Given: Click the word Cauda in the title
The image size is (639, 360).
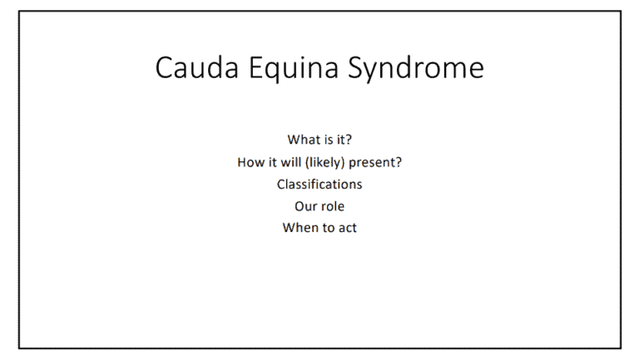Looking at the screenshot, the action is coord(197,67).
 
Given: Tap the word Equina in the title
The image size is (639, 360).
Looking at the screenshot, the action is coord(294,69).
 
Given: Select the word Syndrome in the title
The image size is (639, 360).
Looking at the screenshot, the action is coord(416,69).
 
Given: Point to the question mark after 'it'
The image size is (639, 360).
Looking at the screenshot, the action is coord(349,140).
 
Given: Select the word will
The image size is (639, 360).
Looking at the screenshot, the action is coord(290,162).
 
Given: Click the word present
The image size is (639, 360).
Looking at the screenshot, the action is coord(372,163).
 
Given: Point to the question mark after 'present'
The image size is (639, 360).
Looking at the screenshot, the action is coord(399,162).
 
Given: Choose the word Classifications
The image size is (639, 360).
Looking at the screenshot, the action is coord(319,184).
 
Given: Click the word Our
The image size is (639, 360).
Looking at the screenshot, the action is coord(305,206).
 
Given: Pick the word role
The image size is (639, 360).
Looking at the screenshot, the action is coord(332,206).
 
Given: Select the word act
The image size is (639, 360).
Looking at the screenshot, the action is coord(348,228).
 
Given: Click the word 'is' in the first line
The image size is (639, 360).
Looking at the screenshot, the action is coord(329,140).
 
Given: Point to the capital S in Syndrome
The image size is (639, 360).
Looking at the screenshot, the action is coord(356,67).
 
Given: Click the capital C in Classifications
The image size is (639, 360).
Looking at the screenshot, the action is coord(281,185).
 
